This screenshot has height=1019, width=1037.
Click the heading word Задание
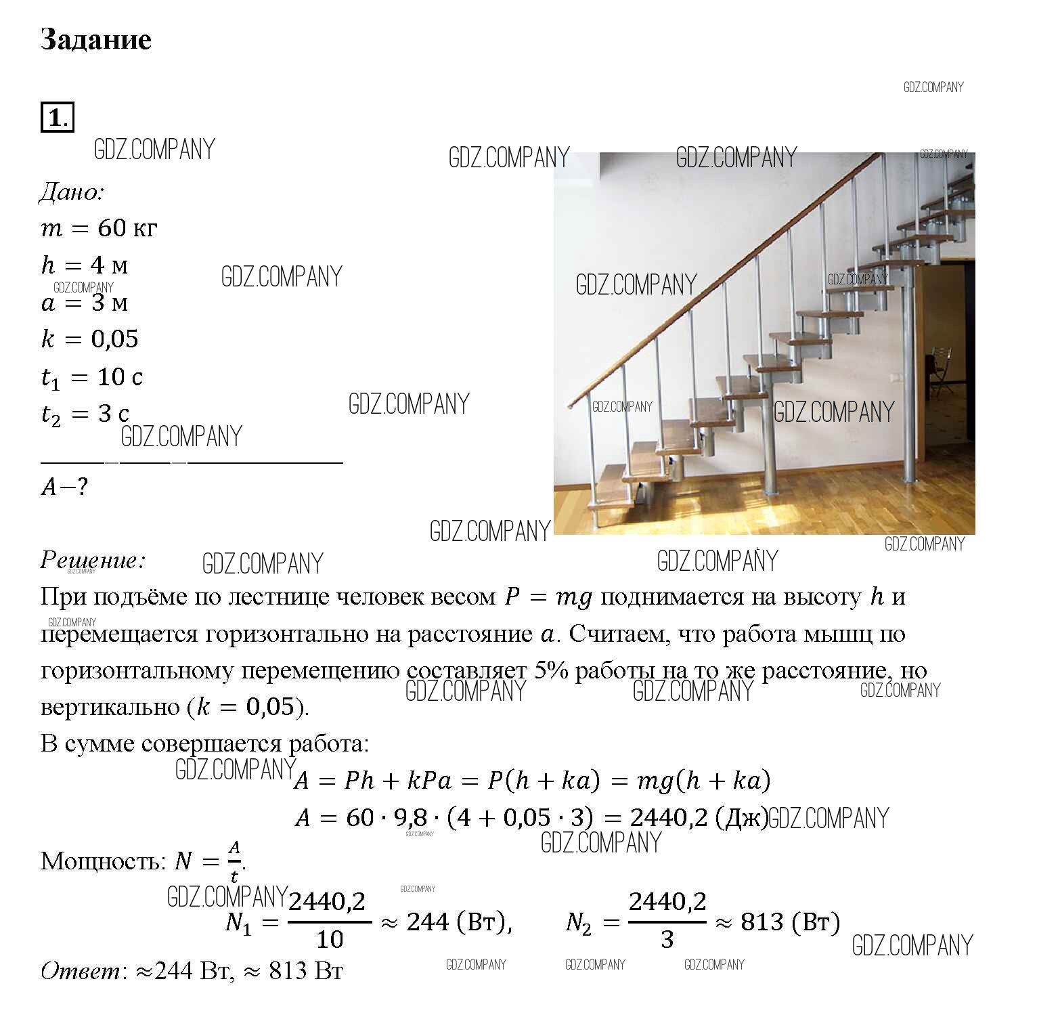tap(95, 40)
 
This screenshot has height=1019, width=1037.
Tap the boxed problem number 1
tap(56, 118)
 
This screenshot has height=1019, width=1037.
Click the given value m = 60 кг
tap(99, 229)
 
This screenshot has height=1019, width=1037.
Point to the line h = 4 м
tap(85, 265)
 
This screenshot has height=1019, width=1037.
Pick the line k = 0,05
tap(89, 339)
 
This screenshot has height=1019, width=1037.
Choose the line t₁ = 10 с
tap(92, 377)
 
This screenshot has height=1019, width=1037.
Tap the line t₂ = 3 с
tap(85, 414)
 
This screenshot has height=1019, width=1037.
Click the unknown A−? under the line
tap(64, 487)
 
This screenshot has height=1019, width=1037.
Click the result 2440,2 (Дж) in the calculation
tap(698, 818)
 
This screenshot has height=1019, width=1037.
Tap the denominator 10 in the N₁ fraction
tap(330, 940)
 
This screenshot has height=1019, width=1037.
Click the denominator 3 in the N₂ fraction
tap(667, 940)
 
